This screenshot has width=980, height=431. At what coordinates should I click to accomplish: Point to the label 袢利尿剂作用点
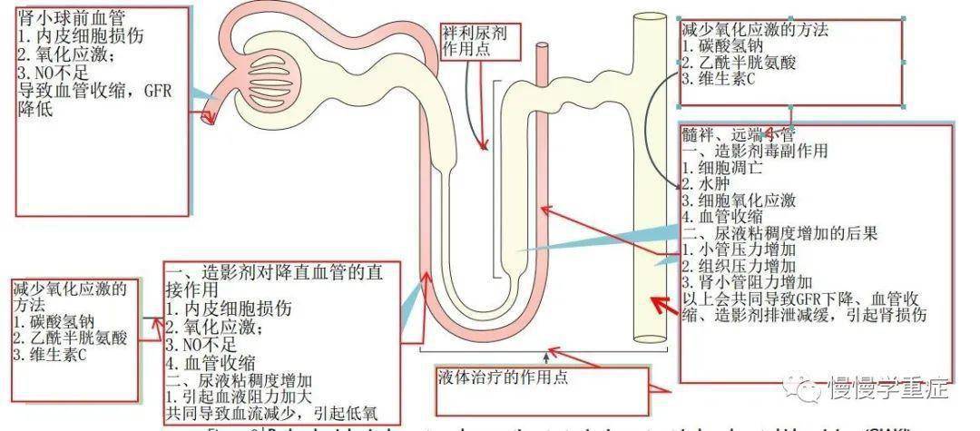pyautogui.click(x=473, y=41)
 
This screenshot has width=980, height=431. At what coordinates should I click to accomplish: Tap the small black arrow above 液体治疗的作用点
pyautogui.click(x=546, y=354)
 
